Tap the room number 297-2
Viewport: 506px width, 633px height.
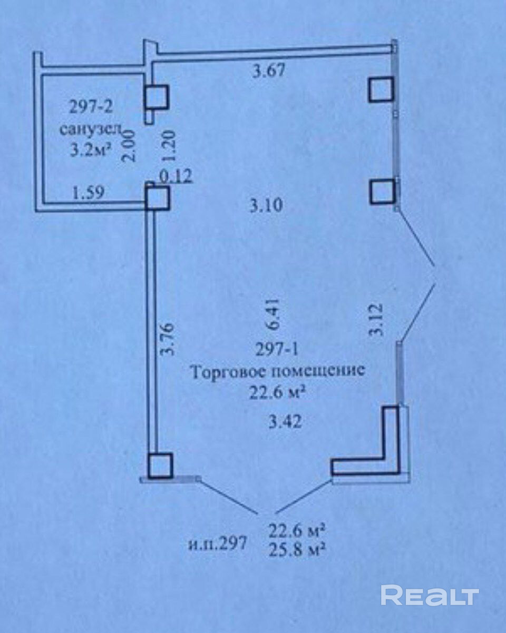(x=91, y=107)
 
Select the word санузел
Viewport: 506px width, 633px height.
(x=91, y=130)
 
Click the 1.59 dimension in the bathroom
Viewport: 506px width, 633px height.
(x=87, y=193)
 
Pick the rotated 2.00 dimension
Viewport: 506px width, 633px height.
(x=129, y=146)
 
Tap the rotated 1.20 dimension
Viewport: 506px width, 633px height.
(x=170, y=146)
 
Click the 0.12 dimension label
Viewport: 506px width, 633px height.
(x=176, y=177)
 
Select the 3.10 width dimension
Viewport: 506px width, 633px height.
(x=266, y=205)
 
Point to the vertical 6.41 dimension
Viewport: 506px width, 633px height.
(x=273, y=315)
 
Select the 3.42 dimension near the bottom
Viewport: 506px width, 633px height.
(x=285, y=422)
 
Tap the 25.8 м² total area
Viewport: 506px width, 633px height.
(x=297, y=548)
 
